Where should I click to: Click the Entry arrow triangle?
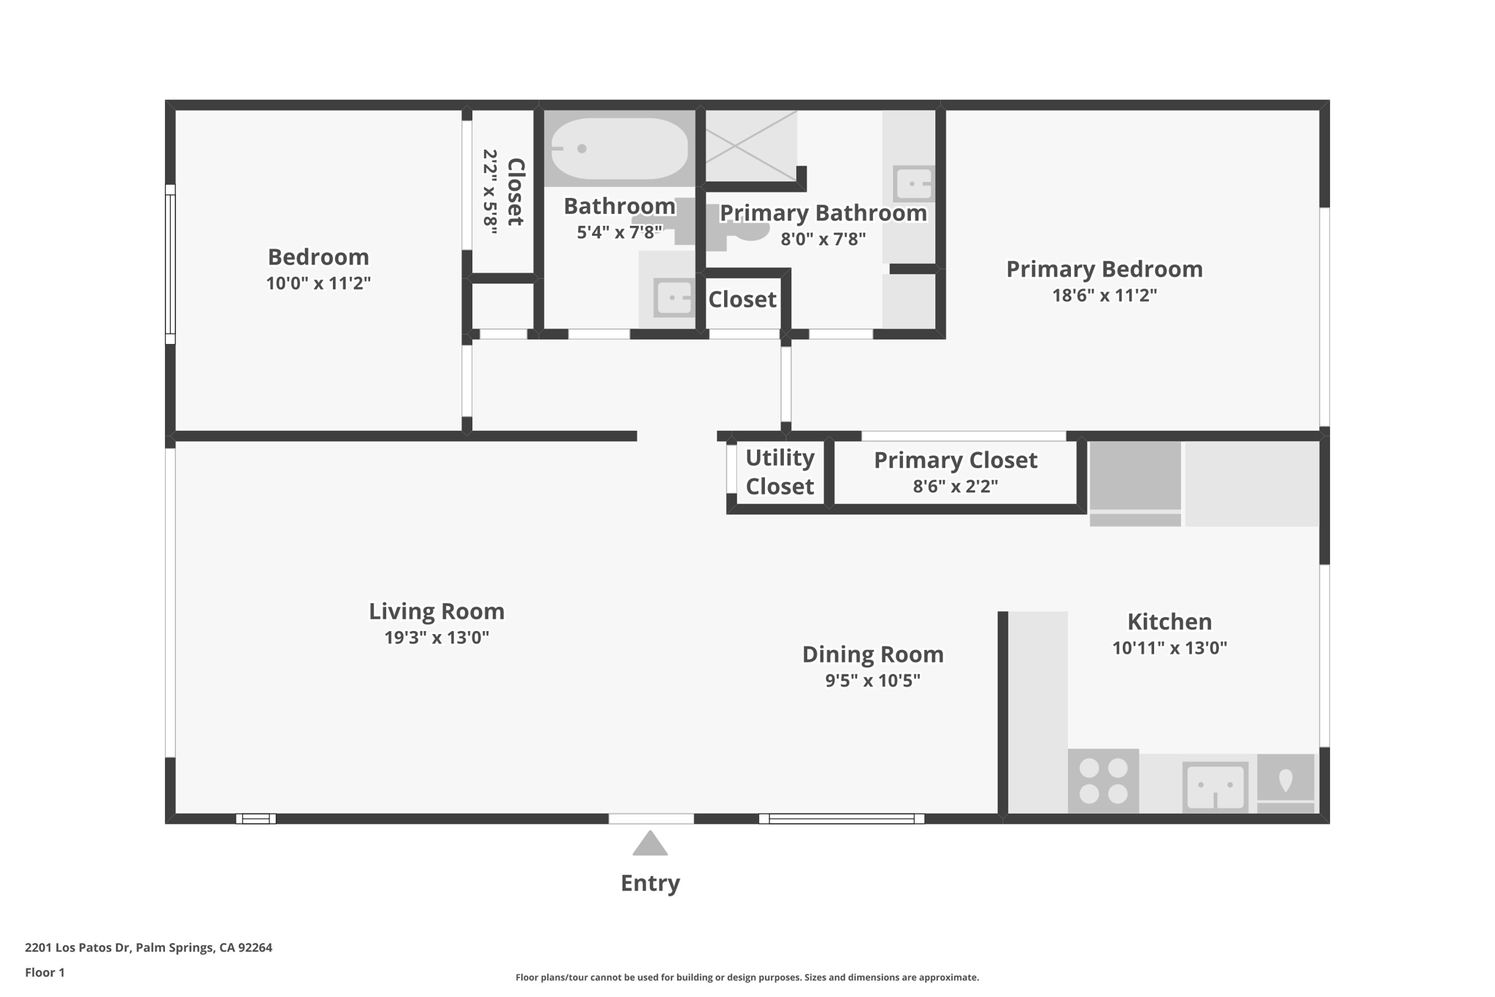(x=650, y=844)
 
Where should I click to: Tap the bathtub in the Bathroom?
(x=619, y=149)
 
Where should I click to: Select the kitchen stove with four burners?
(x=1102, y=781)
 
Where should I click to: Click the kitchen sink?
(x=1215, y=787)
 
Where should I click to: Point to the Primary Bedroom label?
(x=1104, y=269)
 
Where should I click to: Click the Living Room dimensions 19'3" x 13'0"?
(x=437, y=638)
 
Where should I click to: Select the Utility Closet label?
(x=779, y=472)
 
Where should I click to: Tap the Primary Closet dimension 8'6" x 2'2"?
(x=955, y=486)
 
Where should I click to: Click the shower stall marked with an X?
(x=750, y=145)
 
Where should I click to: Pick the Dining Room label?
(x=872, y=654)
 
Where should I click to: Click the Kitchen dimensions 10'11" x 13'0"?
(x=1169, y=648)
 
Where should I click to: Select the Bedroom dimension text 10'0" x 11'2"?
(x=318, y=283)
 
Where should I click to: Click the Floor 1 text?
(x=45, y=972)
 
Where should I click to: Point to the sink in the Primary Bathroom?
(x=912, y=183)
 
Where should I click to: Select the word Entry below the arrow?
(x=650, y=883)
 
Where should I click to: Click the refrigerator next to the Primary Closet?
(x=1134, y=483)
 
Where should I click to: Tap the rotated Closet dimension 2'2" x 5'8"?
(x=490, y=191)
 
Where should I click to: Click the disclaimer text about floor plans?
(x=747, y=977)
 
